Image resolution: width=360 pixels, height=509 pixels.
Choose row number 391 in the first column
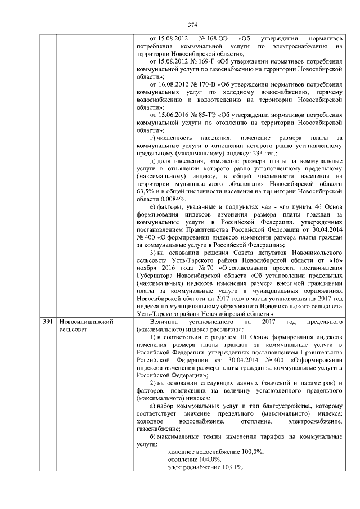[x=48, y=321]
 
